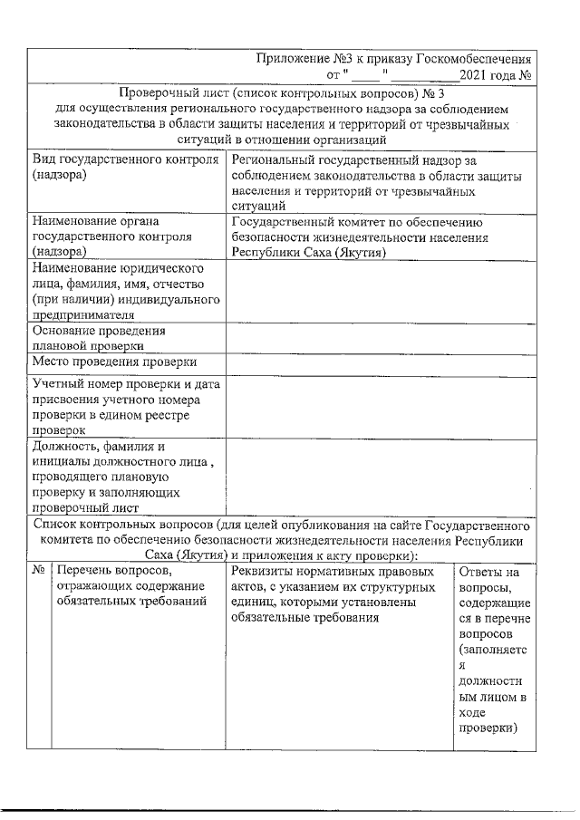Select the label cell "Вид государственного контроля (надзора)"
pyautogui.click(x=125, y=167)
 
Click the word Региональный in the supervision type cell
pyautogui.click(x=275, y=159)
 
